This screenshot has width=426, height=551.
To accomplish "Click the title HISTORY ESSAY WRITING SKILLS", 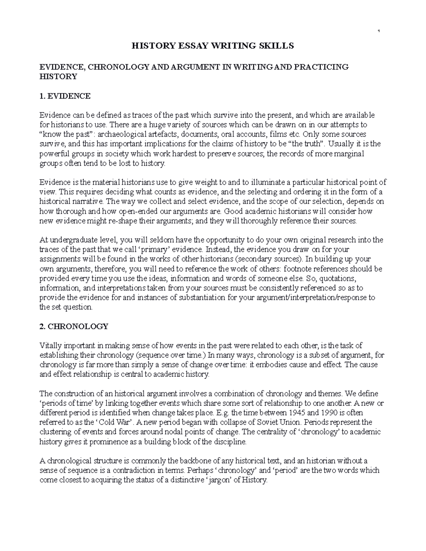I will [213, 46].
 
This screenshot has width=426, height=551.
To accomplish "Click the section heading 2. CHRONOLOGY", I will [73, 326].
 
